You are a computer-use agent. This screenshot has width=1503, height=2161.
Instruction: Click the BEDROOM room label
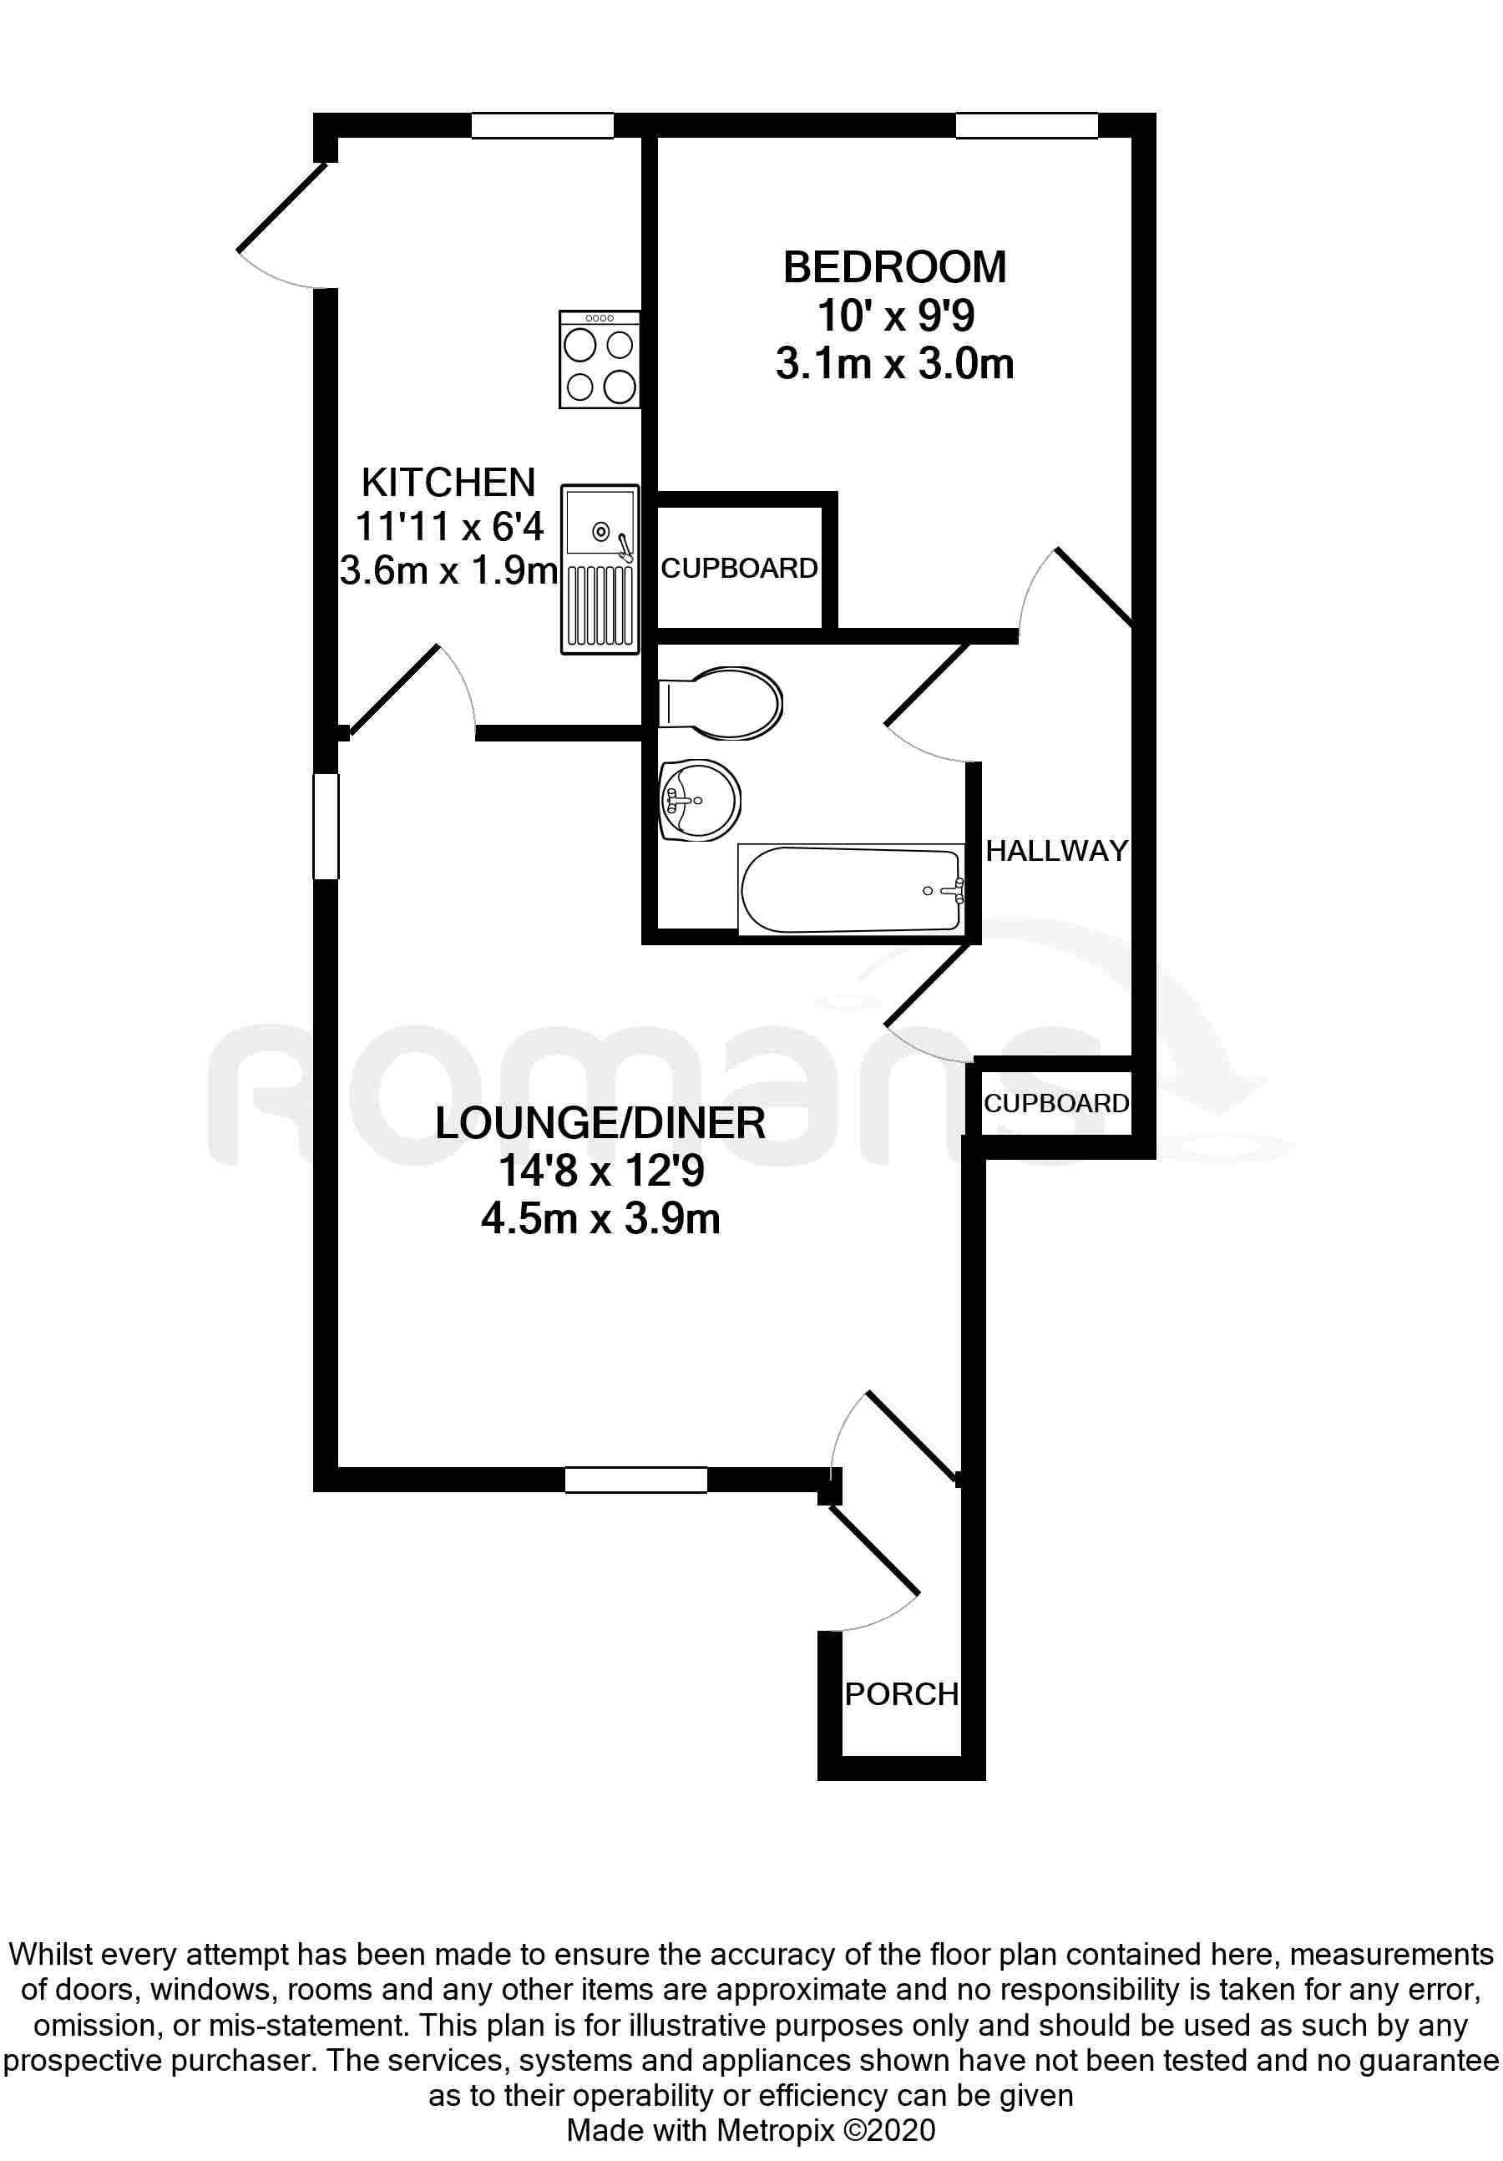894,267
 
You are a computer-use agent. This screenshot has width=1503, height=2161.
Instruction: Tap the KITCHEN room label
448,483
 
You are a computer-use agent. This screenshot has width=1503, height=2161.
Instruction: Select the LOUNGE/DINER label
600,1123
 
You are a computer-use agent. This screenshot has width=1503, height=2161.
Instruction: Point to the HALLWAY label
1056,851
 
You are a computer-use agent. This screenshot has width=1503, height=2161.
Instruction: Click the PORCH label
901,1694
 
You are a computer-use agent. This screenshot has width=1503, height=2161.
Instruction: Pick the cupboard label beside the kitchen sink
739,569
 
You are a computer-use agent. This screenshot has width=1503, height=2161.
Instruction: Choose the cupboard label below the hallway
1056,1103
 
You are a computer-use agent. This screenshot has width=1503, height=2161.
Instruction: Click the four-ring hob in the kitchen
600,360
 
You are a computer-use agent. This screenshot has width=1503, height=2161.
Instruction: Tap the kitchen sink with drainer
600,569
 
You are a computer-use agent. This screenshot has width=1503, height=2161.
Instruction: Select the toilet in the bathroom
720,703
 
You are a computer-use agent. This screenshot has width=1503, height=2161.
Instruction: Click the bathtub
852,889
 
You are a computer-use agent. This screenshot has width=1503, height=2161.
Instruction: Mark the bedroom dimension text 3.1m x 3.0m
894,363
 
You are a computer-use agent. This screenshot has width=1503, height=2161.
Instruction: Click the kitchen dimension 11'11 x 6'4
449,527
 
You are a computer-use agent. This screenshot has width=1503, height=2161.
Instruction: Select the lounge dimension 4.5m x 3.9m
600,1219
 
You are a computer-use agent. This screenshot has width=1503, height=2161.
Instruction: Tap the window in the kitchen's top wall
542,126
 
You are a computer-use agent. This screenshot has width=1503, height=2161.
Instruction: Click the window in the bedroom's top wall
1027,126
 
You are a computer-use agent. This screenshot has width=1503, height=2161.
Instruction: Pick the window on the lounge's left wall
326,827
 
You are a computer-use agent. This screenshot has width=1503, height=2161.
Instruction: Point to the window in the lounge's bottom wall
635,1480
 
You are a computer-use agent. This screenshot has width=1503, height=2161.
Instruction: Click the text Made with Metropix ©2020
751,2130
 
